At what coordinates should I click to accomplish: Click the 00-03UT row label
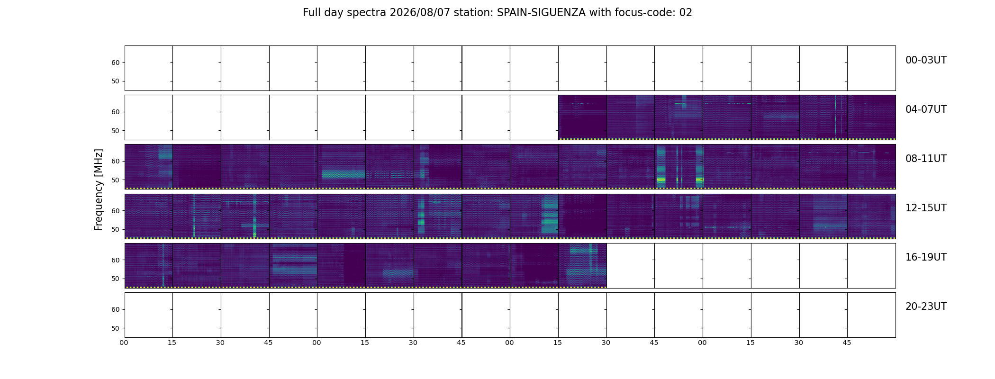click(x=926, y=60)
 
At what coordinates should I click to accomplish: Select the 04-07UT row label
click(x=926, y=109)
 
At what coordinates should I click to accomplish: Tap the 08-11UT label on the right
click(x=926, y=159)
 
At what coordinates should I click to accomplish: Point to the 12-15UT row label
click(x=926, y=208)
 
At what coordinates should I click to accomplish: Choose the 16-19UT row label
click(x=926, y=257)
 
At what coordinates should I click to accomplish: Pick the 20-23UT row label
click(x=926, y=307)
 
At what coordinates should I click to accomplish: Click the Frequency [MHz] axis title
click(x=99, y=189)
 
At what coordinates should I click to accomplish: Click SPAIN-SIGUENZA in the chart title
click(x=541, y=13)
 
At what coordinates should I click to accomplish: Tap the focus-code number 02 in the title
click(x=686, y=13)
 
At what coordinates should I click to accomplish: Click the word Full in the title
click(x=311, y=13)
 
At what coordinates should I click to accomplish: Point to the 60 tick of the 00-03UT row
click(x=115, y=63)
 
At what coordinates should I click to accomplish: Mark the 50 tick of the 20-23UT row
click(x=115, y=328)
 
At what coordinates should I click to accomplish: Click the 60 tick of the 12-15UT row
click(x=115, y=211)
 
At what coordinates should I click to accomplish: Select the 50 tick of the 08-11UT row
click(x=115, y=180)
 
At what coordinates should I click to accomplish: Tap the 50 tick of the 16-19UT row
click(x=115, y=279)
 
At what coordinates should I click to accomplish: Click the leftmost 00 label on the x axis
click(x=124, y=343)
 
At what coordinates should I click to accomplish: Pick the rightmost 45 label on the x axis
click(x=847, y=343)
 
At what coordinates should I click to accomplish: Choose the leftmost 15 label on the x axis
click(x=172, y=343)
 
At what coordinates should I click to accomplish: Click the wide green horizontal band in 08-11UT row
click(x=344, y=174)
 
